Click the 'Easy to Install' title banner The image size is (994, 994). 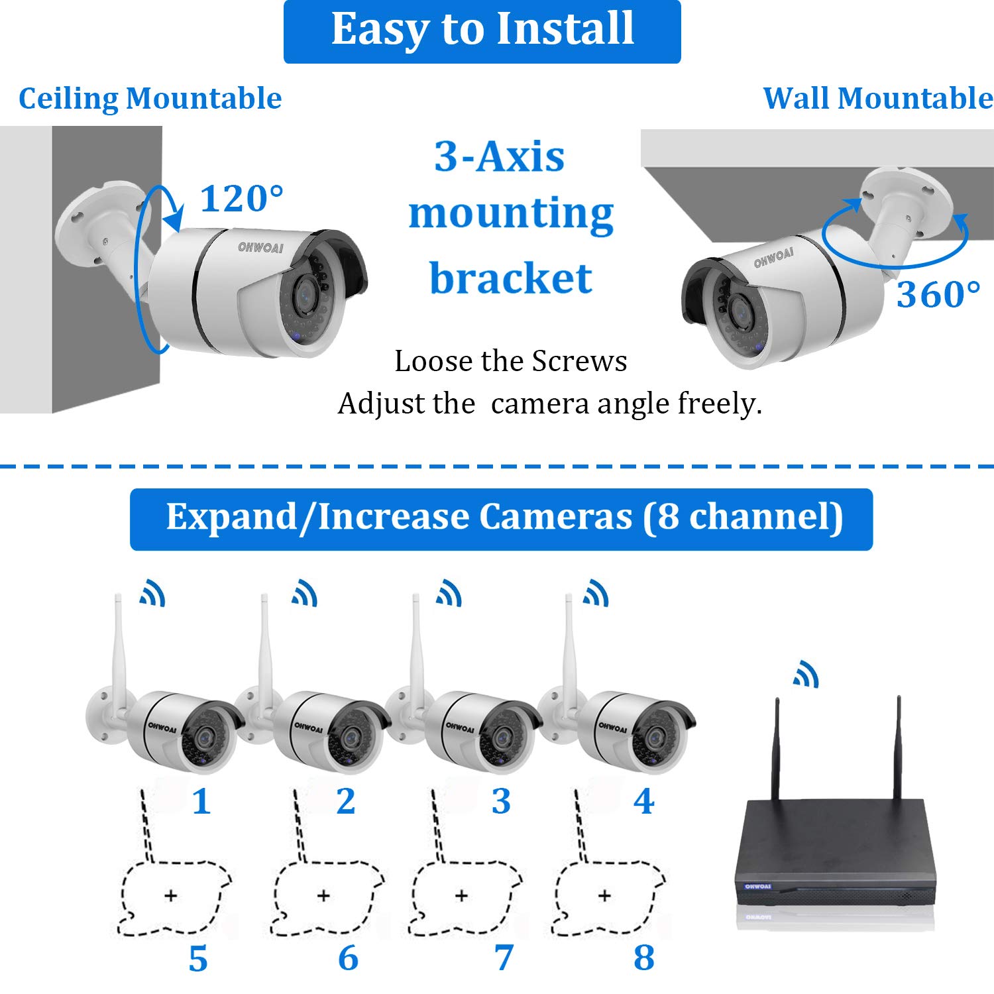click(x=482, y=30)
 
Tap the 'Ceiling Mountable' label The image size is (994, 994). click(x=150, y=99)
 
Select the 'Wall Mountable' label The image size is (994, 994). click(x=877, y=99)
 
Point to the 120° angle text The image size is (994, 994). click(x=241, y=199)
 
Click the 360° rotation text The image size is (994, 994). click(x=938, y=295)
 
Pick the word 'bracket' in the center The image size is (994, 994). click(x=510, y=278)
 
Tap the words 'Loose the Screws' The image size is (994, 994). click(x=510, y=361)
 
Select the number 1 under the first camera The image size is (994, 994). click(x=201, y=802)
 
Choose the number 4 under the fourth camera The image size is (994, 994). click(x=643, y=802)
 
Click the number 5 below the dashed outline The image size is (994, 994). click(x=198, y=959)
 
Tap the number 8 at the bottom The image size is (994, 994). click(x=643, y=958)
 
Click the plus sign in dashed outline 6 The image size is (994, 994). click(x=323, y=896)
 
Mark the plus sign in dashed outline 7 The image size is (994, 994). click(x=462, y=896)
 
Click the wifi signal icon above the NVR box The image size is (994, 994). click(x=806, y=675)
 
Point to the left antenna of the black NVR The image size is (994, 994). click(x=777, y=749)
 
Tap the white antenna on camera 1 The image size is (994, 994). click(x=119, y=649)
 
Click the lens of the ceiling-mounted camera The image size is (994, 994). click(x=305, y=292)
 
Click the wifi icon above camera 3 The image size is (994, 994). click(x=449, y=593)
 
